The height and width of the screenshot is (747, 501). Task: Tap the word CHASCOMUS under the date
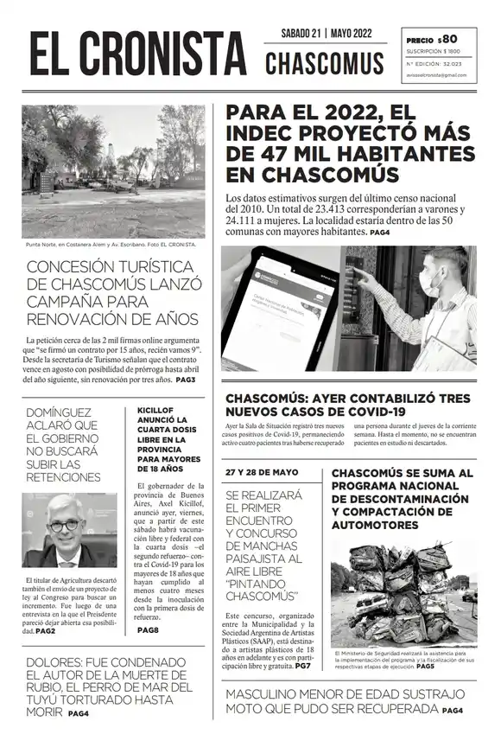[325, 62]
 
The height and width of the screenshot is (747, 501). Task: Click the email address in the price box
[436, 75]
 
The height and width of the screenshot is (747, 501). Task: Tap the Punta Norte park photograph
[113, 170]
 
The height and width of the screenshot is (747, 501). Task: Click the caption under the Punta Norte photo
[111, 245]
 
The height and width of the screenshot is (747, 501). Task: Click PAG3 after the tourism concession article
[186, 380]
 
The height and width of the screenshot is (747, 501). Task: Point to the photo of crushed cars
[403, 588]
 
